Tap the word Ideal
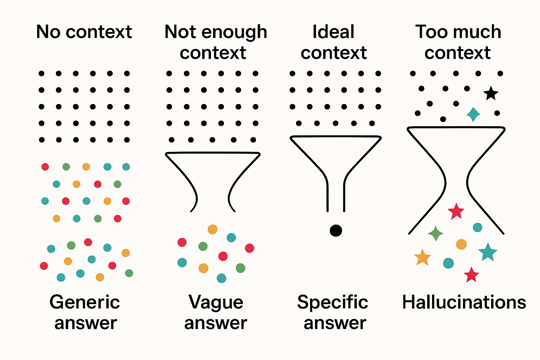tap(333, 32)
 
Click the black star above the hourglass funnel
tap(491, 93)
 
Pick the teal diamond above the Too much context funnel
tap(474, 115)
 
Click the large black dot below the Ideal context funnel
tap(336, 231)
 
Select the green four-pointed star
tap(435, 233)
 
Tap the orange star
tap(422, 258)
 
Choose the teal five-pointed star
tap(488, 252)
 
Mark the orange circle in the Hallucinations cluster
tap(461, 244)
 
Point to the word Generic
tap(85, 302)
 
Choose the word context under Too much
tap(457, 53)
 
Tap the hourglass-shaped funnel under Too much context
tap(408, 129)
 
